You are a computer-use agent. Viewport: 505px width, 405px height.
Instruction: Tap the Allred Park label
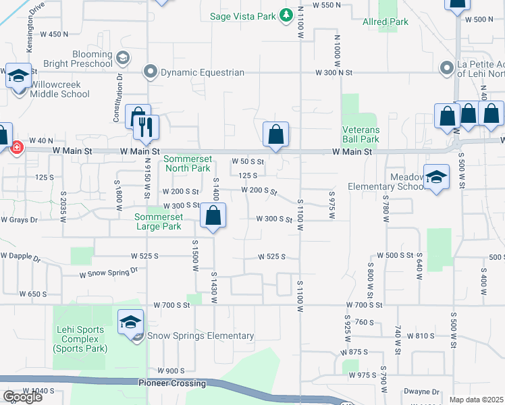(385, 22)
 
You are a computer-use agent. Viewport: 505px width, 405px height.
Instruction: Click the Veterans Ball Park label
(361, 134)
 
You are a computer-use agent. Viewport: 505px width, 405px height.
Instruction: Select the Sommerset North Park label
(188, 163)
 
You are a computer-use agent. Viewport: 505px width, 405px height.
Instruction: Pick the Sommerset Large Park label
(158, 221)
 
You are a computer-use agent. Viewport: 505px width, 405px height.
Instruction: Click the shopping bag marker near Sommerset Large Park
(213, 216)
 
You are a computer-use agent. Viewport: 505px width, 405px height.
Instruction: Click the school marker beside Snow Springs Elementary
(130, 323)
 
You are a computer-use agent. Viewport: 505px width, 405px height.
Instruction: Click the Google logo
(22, 397)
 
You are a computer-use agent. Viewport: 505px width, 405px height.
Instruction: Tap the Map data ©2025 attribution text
(476, 400)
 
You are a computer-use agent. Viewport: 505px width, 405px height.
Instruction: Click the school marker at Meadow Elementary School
(437, 177)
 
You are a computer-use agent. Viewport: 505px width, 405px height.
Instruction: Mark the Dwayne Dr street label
(421, 391)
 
